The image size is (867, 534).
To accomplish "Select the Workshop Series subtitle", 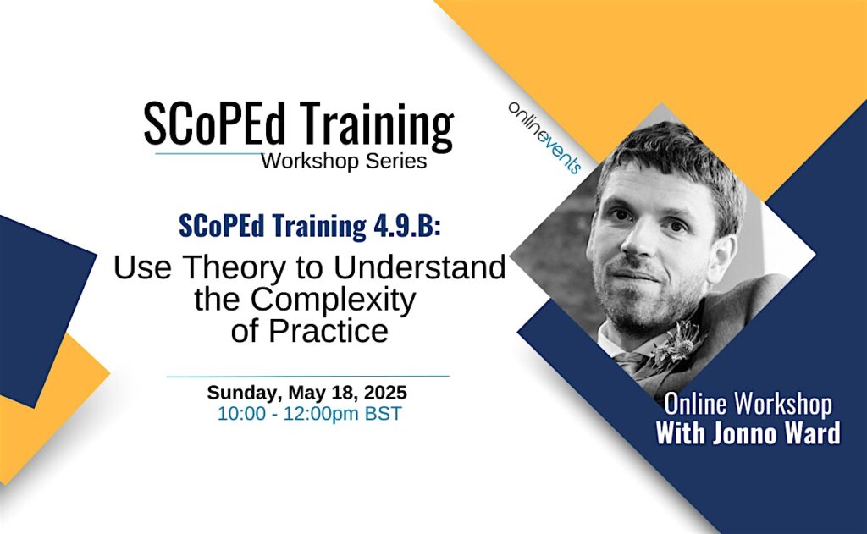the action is pos(344,162).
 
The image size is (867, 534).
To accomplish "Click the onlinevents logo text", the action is pos(544,138).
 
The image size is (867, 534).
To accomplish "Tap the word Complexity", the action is pos(333,301).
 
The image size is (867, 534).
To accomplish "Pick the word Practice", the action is pos(329,331).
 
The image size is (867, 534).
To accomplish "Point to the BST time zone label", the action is pos(383,414).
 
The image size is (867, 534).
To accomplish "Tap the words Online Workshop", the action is pos(748,404).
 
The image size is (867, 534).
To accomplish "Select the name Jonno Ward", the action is pos(776,432).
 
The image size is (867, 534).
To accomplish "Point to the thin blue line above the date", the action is pos(308,376).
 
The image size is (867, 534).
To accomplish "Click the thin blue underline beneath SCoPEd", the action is pos(210,153).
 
